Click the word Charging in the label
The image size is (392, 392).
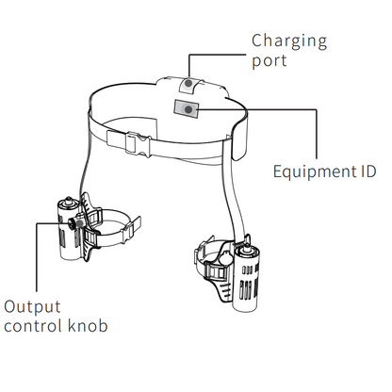[289, 42]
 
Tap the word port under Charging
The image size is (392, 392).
[269, 61]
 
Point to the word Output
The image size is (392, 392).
[32, 307]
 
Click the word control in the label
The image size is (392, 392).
[33, 326]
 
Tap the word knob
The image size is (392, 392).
[87, 325]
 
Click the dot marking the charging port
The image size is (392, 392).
[188, 84]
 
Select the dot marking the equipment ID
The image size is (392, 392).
[188, 109]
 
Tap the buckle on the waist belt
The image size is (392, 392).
[138, 144]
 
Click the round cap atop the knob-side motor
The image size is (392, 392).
[68, 203]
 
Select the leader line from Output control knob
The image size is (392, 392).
[37, 257]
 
